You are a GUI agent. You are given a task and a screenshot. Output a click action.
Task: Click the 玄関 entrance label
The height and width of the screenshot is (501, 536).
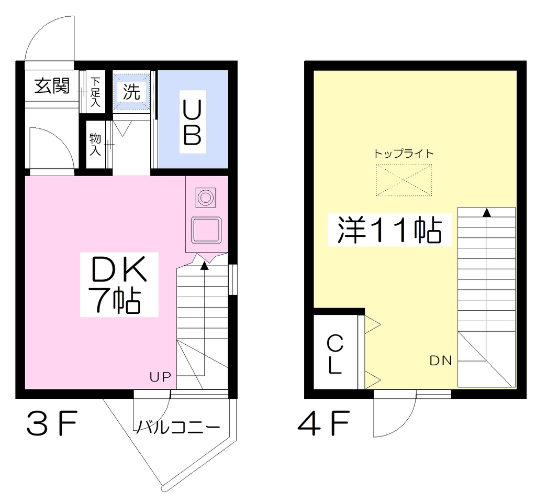[x=52, y=85]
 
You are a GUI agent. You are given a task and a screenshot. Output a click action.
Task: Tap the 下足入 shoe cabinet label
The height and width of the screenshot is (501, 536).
[x=95, y=92]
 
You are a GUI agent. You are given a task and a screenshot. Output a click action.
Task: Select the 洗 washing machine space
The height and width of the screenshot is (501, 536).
[x=131, y=92]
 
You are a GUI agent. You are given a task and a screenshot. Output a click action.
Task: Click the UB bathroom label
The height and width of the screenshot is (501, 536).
[x=193, y=122]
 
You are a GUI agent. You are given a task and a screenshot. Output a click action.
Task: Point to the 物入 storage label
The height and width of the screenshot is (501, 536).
[x=95, y=145]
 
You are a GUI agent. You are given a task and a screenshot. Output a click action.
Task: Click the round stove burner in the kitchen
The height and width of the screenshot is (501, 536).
[x=205, y=198]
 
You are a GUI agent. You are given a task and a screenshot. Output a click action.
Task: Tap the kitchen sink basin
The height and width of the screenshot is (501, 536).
[x=206, y=230]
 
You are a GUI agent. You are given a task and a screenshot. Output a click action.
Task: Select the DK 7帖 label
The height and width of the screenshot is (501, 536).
[x=119, y=285]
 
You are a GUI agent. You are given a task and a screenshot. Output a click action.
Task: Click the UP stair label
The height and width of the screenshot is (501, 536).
[x=160, y=377]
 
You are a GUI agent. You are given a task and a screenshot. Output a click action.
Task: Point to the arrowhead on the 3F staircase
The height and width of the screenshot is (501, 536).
[x=205, y=265]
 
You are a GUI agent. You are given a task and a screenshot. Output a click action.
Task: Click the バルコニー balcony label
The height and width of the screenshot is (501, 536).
[x=178, y=427]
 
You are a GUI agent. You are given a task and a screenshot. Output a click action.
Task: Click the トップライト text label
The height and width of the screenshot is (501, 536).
[x=404, y=154]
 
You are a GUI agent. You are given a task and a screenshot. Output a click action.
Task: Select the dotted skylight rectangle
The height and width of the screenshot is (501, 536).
[x=404, y=180]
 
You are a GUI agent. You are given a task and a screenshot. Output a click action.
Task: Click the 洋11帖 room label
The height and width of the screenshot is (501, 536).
[x=389, y=230]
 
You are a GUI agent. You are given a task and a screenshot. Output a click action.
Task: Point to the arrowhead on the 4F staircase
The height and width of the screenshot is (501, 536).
[x=487, y=213]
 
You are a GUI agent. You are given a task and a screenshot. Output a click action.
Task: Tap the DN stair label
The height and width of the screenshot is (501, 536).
[x=441, y=361]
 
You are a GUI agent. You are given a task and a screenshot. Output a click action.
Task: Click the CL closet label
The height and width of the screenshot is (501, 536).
[x=335, y=354]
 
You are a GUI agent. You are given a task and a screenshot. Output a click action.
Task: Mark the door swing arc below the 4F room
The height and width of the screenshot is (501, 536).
[x=405, y=426]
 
